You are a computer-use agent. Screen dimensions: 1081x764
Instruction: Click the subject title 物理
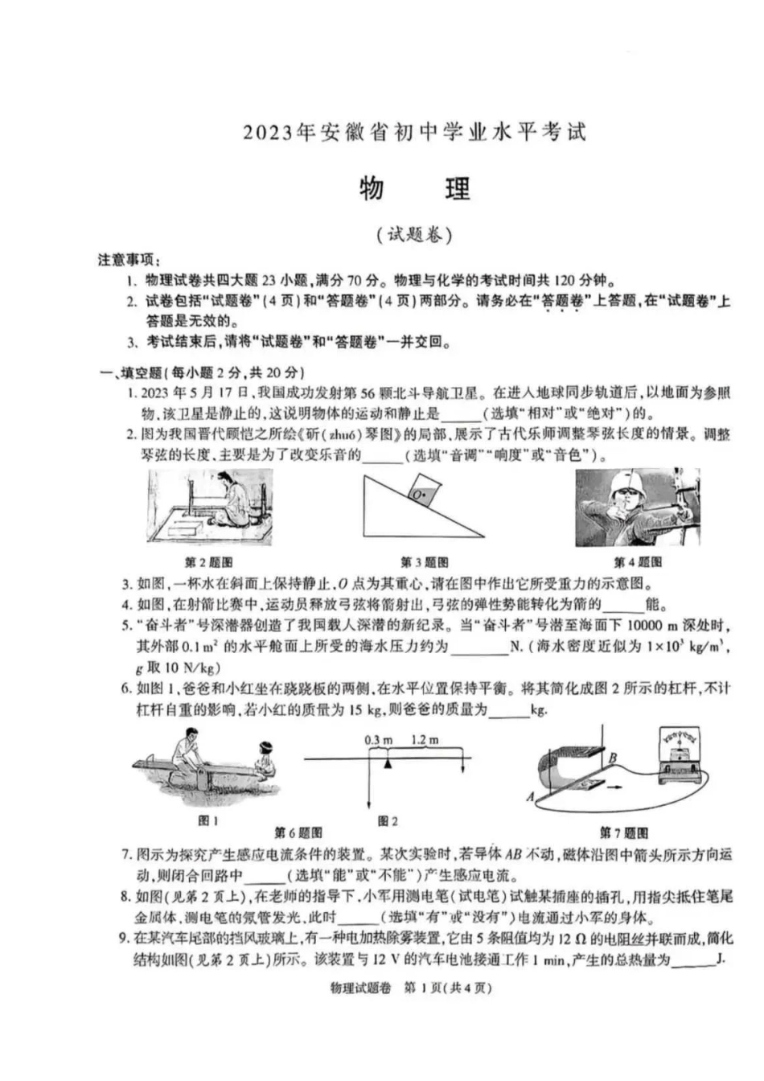click(414, 189)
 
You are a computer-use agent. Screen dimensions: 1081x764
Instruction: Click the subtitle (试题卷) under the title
click(414, 235)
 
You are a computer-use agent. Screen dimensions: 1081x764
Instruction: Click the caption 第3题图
click(424, 562)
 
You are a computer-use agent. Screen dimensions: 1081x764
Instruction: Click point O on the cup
click(417, 496)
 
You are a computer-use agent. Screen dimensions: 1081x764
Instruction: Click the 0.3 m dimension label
click(378, 739)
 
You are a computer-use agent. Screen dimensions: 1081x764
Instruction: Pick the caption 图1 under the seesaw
click(208, 820)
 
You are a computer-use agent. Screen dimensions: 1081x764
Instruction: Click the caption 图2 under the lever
click(388, 820)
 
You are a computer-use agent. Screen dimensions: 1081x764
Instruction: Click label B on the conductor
click(613, 757)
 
